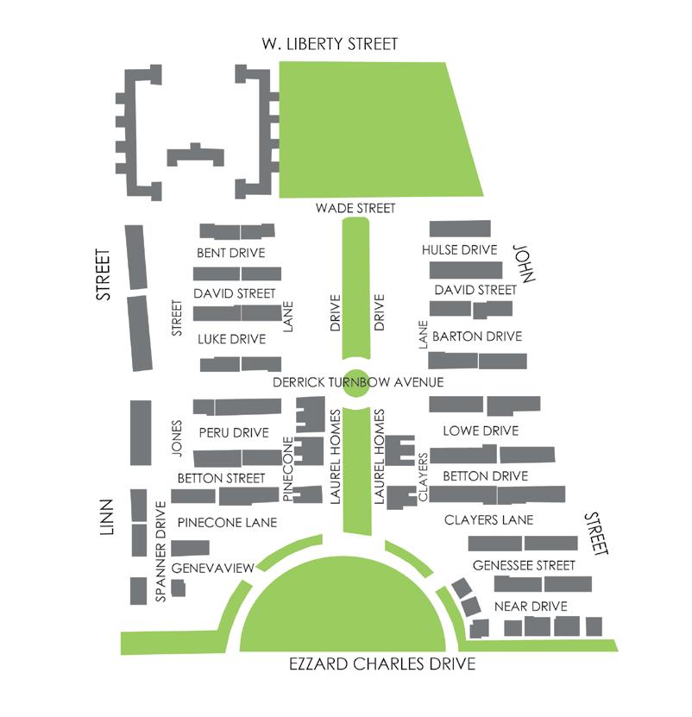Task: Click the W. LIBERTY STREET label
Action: pos(331,44)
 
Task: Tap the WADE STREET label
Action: pos(355,208)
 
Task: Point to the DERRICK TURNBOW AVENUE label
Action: pos(357,381)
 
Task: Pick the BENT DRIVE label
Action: pos(230,253)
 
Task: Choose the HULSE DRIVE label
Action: pos(460,250)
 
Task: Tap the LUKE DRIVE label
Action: pos(231,339)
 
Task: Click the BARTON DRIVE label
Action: pos(477,336)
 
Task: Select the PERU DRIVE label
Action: pos(234,432)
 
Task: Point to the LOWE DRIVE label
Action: pos(480,431)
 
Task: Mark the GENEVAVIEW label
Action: pos(211,568)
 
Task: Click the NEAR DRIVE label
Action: pos(531,606)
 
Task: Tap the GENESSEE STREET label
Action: pos(524,566)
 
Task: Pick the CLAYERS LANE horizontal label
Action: pos(488,520)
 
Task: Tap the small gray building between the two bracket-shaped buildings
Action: pos(195,155)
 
